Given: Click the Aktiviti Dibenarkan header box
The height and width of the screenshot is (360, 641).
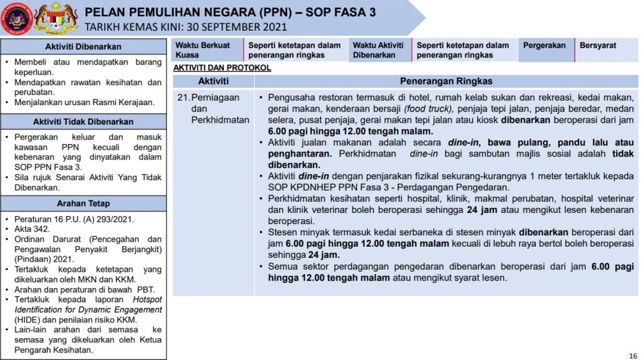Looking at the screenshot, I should pos(83,47).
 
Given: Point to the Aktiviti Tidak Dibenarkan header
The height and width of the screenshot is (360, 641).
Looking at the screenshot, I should pos(83,122).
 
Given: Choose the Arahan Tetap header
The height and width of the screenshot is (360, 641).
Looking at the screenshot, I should pos(83,203).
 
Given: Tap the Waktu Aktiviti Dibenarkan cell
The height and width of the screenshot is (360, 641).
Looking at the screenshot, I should pos(377,50).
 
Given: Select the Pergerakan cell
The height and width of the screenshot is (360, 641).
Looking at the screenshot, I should pos(544,46).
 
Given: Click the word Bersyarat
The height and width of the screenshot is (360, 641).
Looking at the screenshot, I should pos(598,46).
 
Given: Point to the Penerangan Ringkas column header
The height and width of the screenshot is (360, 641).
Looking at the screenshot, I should pos(446,81).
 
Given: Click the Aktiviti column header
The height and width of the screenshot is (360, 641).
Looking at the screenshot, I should pos(213,81).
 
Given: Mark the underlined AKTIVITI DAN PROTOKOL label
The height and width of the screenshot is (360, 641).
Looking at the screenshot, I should pos(222,68).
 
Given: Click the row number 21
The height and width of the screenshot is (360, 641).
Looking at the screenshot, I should pos(183,98).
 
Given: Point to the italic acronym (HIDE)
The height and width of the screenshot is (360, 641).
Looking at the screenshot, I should pos(24,320).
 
